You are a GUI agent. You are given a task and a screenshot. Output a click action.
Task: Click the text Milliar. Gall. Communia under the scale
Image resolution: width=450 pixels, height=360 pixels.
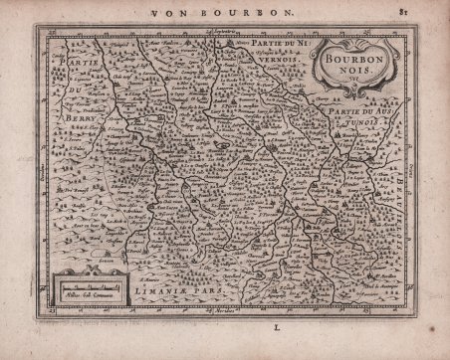pyautogui.click(x=92, y=296)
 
